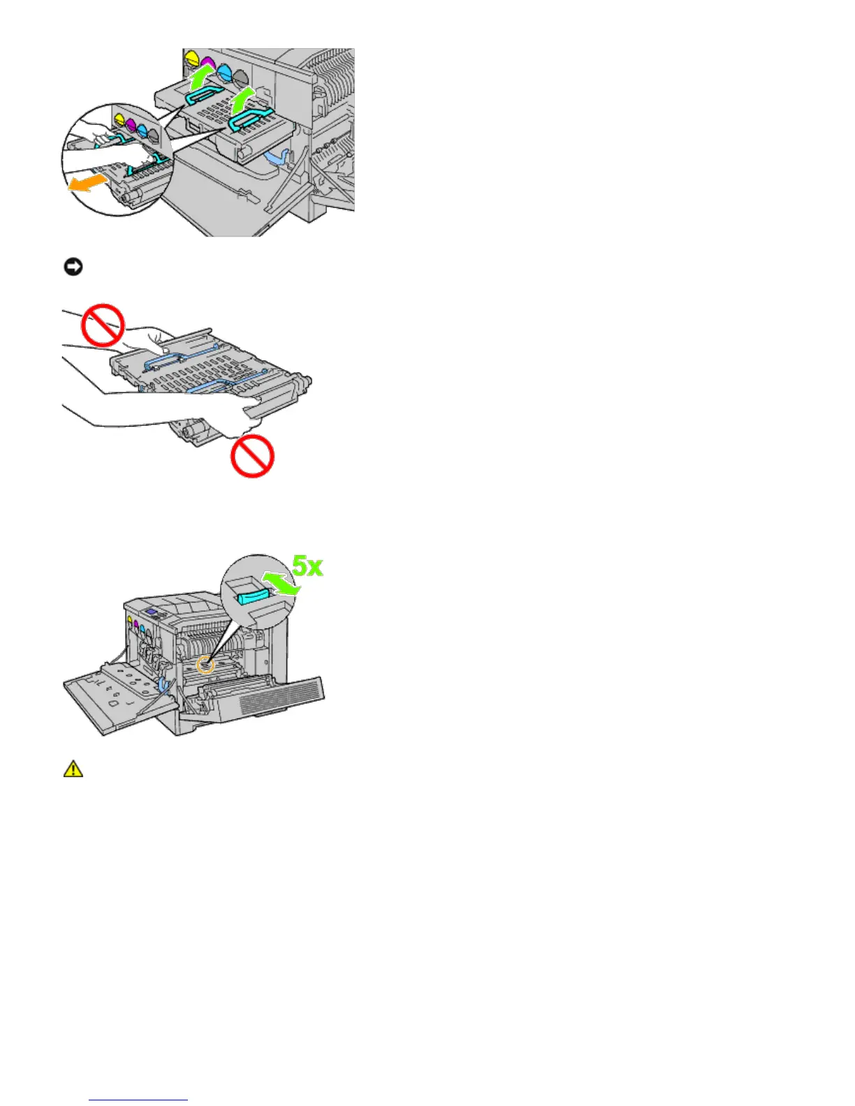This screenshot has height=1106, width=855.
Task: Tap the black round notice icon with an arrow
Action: coord(73,267)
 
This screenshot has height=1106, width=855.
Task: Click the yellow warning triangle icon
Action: coord(73,769)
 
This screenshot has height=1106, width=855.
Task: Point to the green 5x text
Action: coord(307,566)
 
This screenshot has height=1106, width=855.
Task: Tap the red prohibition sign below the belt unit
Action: coord(252,456)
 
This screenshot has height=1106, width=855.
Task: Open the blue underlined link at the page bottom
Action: coord(139,1100)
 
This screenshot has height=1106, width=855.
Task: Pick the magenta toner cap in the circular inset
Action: coord(130,124)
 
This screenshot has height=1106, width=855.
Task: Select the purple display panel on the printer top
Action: coord(152,612)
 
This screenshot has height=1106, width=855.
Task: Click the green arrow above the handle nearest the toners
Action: coord(203,75)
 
